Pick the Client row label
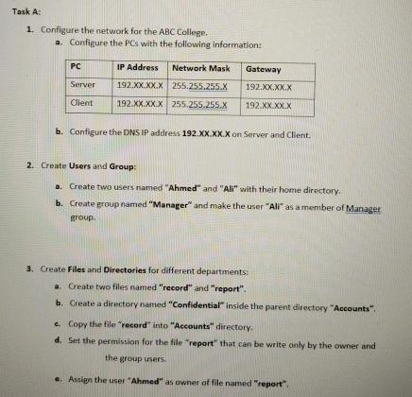83,101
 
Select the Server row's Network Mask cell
204,84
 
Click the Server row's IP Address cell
138,84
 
